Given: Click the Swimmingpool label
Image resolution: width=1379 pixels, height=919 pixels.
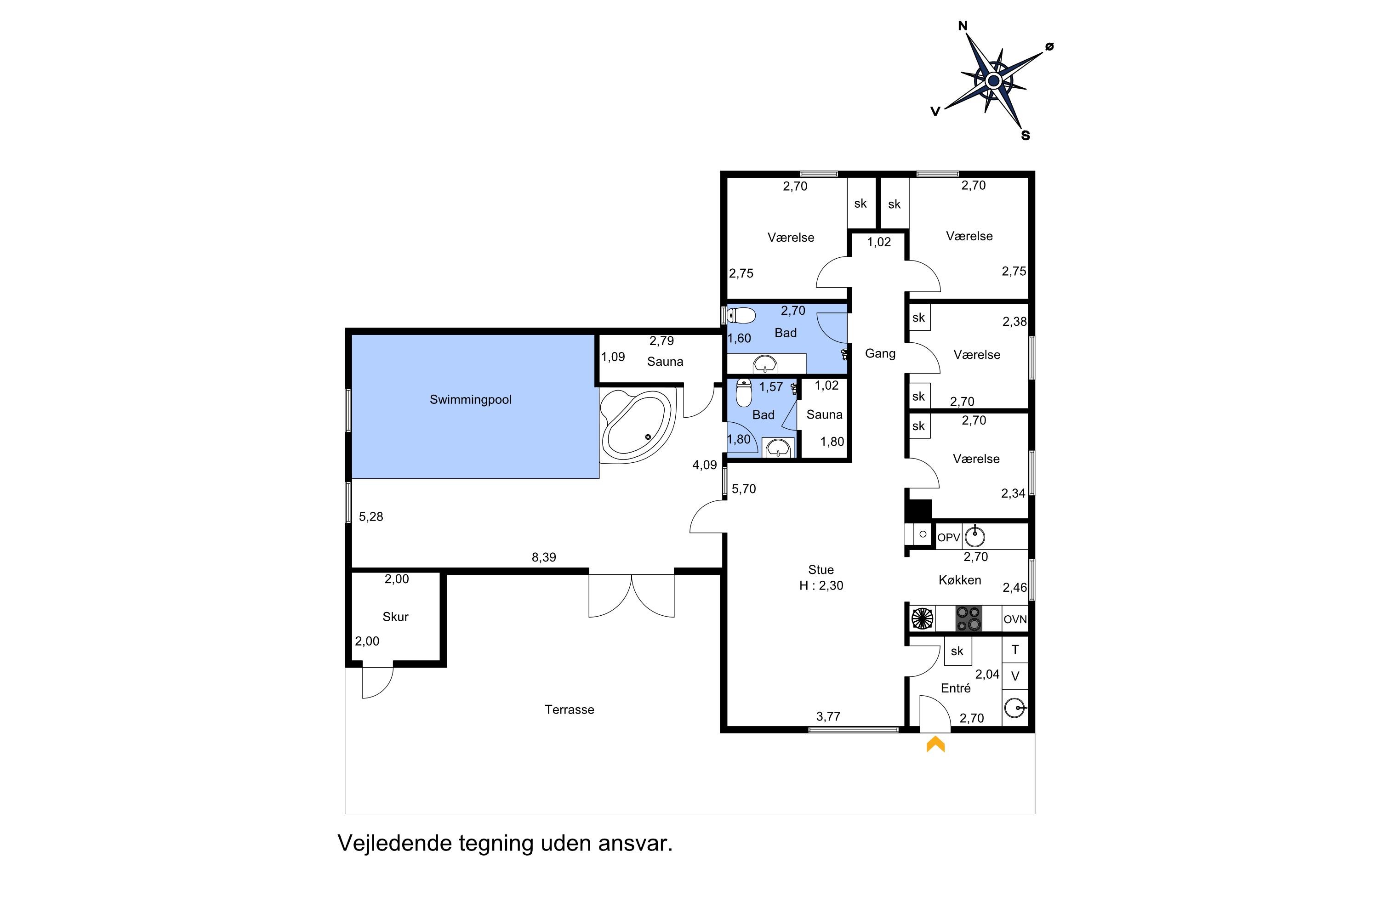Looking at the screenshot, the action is click(470, 400).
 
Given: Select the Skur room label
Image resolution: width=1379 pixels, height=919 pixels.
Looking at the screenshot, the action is click(395, 617).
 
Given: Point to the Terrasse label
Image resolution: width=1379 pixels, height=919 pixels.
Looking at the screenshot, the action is click(570, 710).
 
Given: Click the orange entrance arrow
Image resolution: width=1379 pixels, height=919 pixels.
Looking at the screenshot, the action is click(936, 744).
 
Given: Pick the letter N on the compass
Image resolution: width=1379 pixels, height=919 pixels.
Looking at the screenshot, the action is click(963, 26).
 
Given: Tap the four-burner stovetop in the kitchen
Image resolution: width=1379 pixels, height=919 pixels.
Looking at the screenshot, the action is click(969, 619).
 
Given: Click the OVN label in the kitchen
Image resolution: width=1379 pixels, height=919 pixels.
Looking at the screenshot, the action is click(1015, 619).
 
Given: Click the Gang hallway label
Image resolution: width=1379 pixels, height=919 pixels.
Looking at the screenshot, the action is click(880, 353).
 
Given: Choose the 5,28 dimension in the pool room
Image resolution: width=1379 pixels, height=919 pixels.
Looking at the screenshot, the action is click(370, 516).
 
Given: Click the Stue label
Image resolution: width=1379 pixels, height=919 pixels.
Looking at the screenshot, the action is click(821, 570).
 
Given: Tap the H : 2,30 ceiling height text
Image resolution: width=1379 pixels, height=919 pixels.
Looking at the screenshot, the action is click(821, 585).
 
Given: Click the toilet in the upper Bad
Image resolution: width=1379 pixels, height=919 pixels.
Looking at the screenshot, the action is click(741, 317).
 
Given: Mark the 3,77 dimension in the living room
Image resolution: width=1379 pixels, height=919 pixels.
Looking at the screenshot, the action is click(828, 716).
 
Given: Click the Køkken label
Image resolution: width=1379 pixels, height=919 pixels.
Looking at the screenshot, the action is click(960, 580).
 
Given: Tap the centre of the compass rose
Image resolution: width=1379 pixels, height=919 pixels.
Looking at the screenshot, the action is click(993, 80).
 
